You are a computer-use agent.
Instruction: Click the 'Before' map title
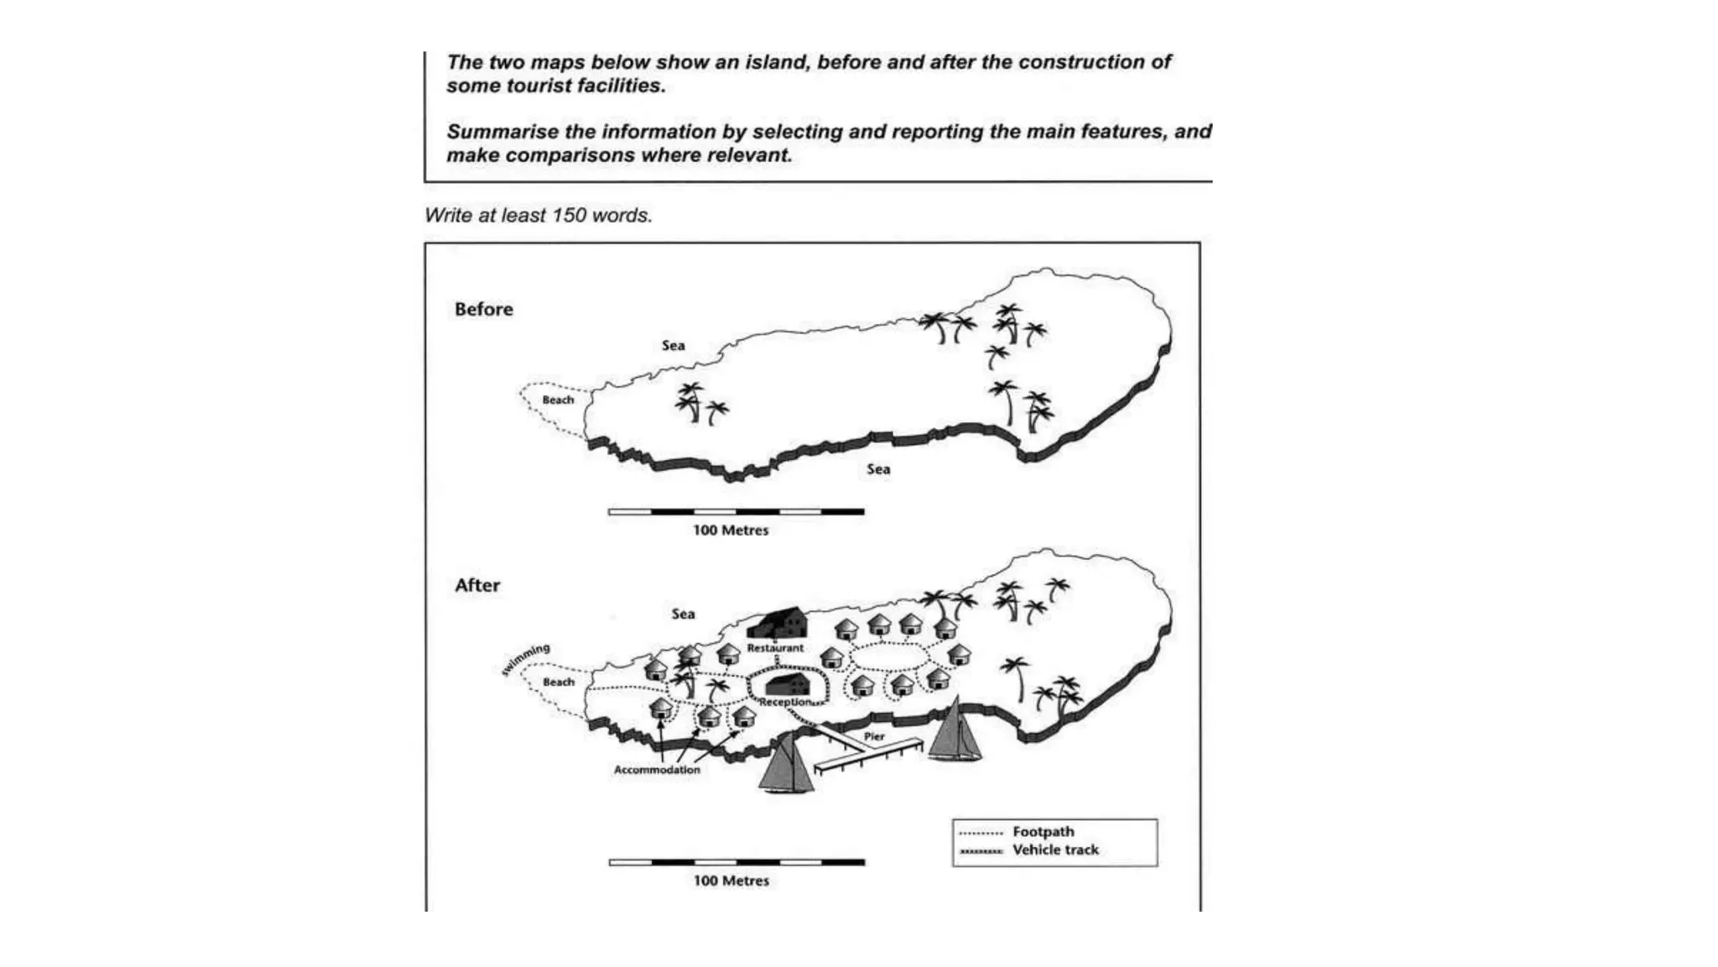click(483, 309)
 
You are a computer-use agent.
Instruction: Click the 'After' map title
click(476, 585)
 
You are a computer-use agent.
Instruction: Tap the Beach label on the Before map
click(558, 400)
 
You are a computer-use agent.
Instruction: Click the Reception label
click(785, 702)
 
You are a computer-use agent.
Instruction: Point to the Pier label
click(874, 736)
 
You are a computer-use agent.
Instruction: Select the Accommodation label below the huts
click(656, 770)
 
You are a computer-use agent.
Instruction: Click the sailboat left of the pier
click(787, 764)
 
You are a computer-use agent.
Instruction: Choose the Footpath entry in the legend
click(1043, 832)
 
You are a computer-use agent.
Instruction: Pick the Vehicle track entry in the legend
click(1054, 850)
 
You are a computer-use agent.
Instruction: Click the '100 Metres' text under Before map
click(730, 531)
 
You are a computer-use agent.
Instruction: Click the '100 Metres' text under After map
click(731, 881)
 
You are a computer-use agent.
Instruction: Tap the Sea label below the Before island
click(878, 469)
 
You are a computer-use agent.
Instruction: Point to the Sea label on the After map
click(683, 614)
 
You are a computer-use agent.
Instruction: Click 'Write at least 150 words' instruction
click(538, 216)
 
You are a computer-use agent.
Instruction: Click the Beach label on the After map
click(558, 682)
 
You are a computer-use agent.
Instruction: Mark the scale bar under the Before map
click(736, 511)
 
